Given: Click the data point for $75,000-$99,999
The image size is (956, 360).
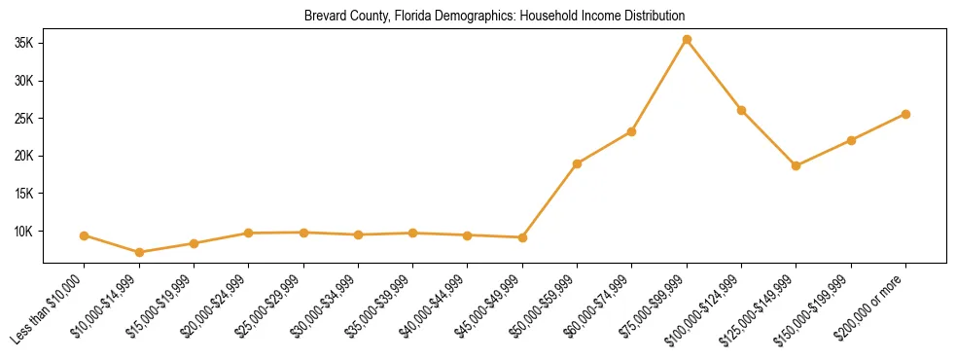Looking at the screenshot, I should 687,40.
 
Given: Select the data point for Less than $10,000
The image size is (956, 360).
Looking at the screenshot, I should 85,235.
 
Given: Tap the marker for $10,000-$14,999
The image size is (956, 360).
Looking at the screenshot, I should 139,252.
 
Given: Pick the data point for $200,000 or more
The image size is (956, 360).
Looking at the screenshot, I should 905,114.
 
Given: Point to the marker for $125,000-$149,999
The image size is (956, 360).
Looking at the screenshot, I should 797,165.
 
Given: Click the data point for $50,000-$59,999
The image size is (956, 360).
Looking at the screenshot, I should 577,163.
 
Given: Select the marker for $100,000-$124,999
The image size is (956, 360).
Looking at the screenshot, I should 741,110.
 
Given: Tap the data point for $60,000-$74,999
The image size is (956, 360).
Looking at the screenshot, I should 632,131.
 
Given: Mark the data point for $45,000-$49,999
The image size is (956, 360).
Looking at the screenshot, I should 522,237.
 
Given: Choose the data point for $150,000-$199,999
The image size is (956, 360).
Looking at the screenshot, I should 851,140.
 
